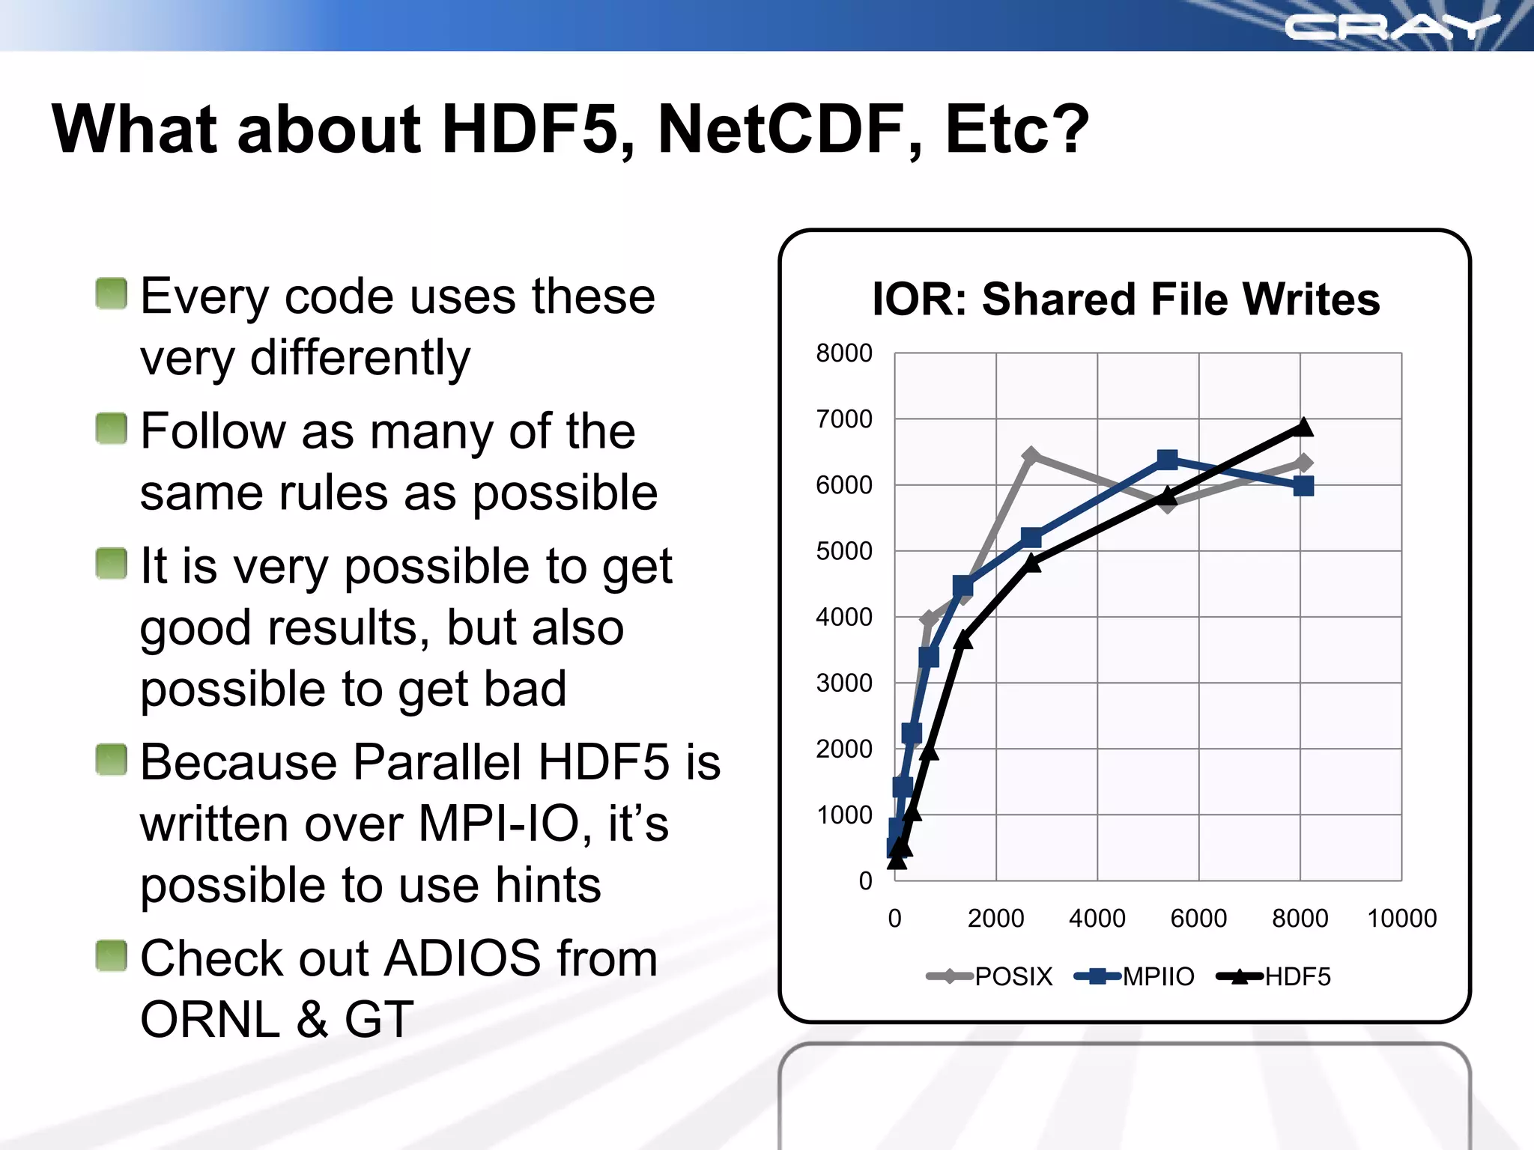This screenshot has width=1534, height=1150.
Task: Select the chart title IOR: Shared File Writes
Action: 1126,299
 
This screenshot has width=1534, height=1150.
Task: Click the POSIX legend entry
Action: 990,976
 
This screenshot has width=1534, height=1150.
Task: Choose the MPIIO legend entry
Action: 1134,976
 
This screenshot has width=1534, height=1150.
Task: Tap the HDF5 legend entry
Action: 1273,976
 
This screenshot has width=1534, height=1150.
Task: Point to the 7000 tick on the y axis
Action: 844,419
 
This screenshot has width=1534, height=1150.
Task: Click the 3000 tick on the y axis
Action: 844,683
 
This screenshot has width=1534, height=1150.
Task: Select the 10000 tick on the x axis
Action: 1401,918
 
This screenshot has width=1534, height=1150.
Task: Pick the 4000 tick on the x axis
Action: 1097,918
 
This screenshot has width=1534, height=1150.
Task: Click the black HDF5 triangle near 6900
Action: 1303,427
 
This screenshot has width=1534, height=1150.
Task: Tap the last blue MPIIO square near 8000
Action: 1303,486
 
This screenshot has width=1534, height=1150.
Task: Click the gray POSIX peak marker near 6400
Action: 1031,455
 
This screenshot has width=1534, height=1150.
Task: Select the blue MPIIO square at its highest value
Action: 1167,459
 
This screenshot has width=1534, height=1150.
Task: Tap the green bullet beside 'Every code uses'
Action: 112,293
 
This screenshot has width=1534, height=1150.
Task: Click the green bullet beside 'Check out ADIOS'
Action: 112,955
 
